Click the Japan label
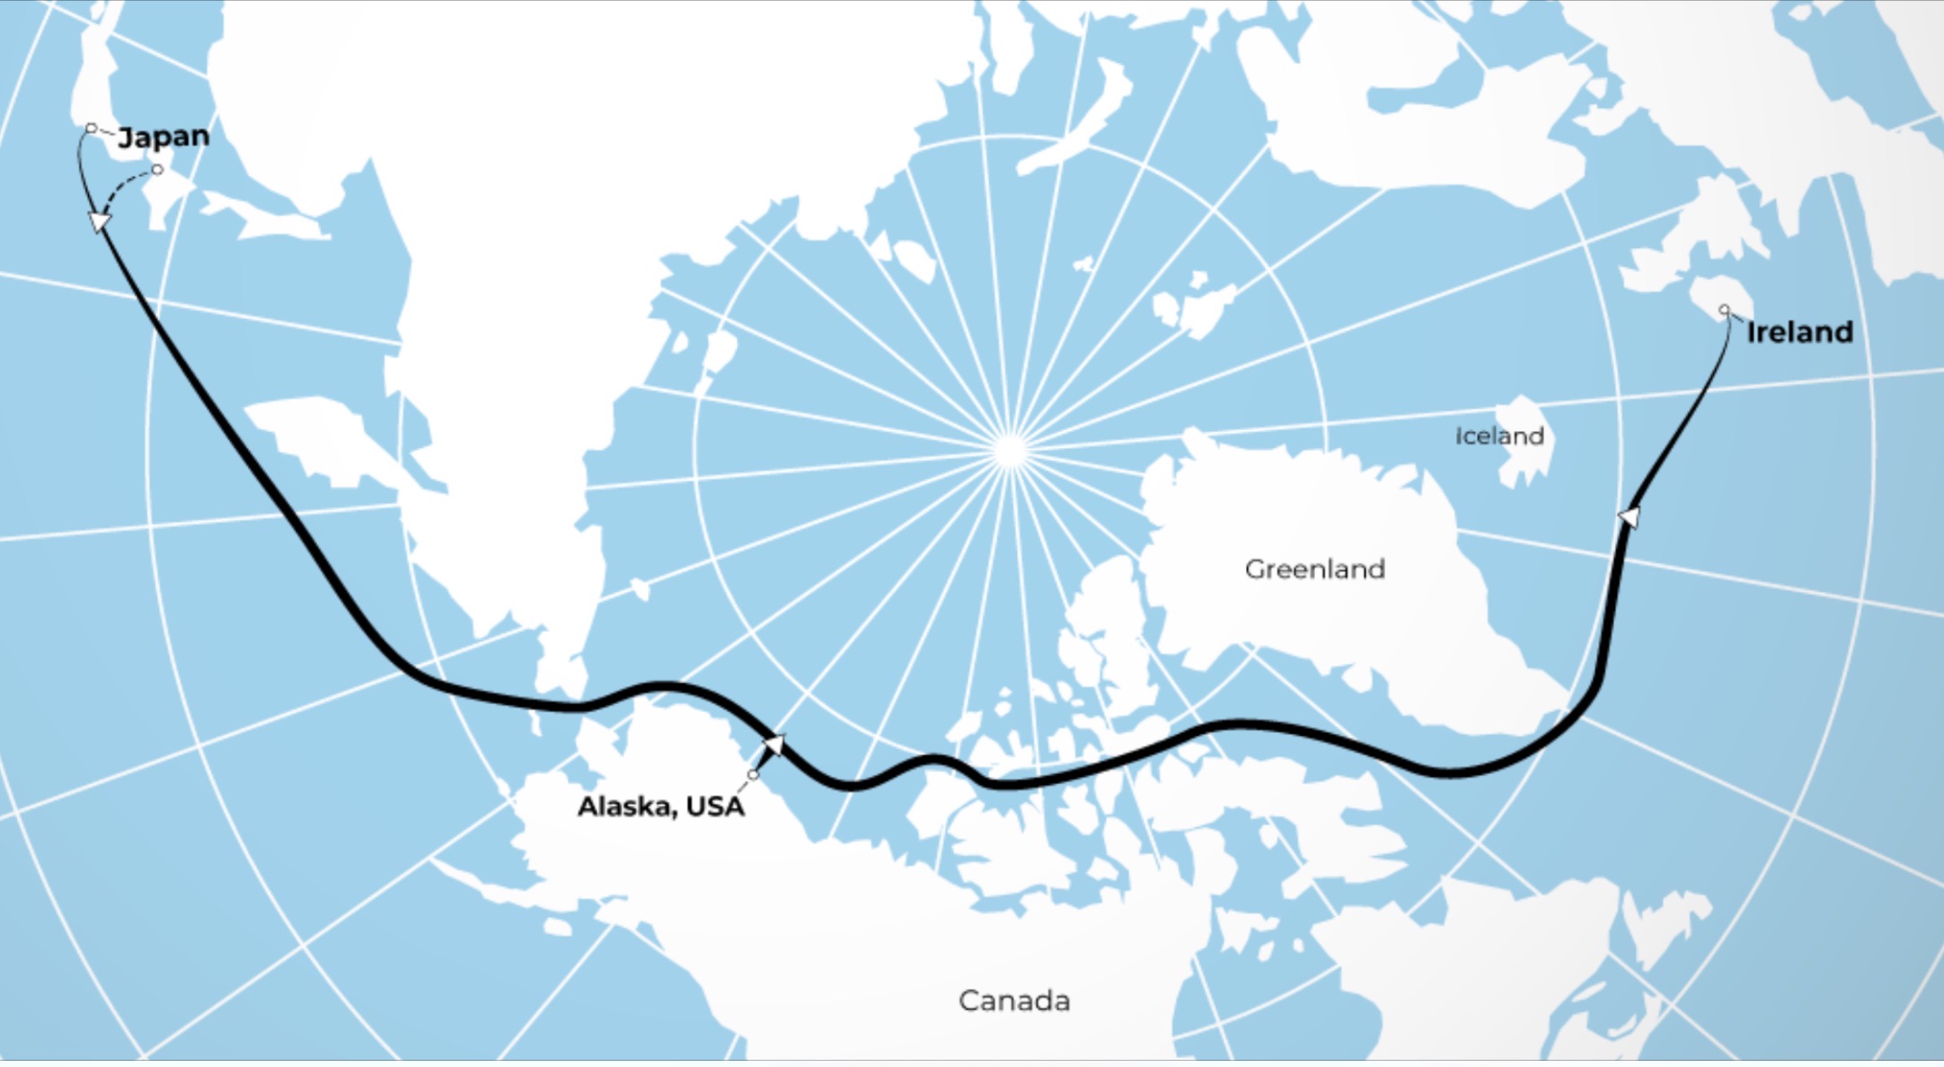[163, 137]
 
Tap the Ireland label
[1799, 332]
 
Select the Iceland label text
[1499, 436]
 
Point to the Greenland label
[1314, 569]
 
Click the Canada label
[1014, 1001]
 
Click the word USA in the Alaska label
[715, 807]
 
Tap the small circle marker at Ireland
[1724, 310]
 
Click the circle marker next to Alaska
[753, 775]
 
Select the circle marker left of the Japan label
[91, 128]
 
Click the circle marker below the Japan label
[157, 170]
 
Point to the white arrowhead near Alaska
[773, 744]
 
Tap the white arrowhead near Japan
[98, 221]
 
